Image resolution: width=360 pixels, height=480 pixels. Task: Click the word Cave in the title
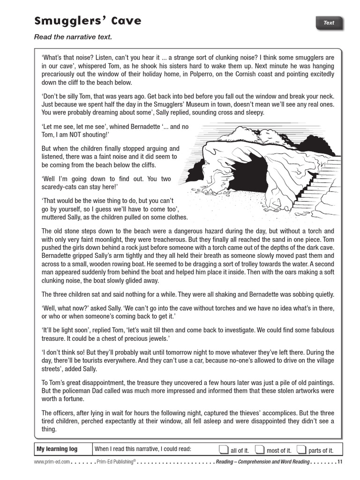[x=121, y=21]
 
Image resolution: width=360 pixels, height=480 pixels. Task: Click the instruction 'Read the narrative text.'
[x=73, y=37]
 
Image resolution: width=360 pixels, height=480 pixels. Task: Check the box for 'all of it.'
[x=224, y=450]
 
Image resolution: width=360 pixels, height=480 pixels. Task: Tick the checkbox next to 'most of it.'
[x=259, y=450]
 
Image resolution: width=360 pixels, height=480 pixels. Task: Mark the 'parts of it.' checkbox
[x=301, y=450]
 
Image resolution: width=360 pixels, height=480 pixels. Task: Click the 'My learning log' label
[x=57, y=449]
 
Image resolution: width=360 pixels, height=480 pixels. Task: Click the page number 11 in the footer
[x=340, y=462]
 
